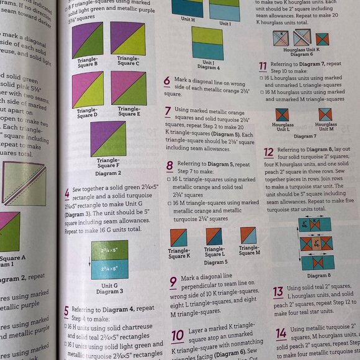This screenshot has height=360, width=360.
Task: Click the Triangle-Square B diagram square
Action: (88, 40)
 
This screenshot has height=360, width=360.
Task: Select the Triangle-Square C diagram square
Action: (128, 39)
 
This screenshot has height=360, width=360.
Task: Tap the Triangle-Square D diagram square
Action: (88, 89)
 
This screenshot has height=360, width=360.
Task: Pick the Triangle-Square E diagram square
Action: (128, 88)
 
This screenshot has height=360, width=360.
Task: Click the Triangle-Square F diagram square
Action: (108, 138)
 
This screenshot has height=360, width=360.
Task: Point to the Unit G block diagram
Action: (108, 259)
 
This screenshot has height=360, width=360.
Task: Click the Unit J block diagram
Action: (208, 43)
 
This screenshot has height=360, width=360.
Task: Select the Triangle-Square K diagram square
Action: (179, 237)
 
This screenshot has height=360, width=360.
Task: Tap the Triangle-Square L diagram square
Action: (214, 236)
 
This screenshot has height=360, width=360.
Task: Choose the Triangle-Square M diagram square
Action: (248, 235)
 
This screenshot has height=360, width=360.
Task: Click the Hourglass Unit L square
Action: (282, 115)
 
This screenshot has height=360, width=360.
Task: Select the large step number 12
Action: (268, 152)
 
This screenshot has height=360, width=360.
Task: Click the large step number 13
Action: (278, 291)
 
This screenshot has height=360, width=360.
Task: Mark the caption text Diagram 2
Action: (108, 173)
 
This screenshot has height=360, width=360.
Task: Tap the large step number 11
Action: (263, 66)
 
